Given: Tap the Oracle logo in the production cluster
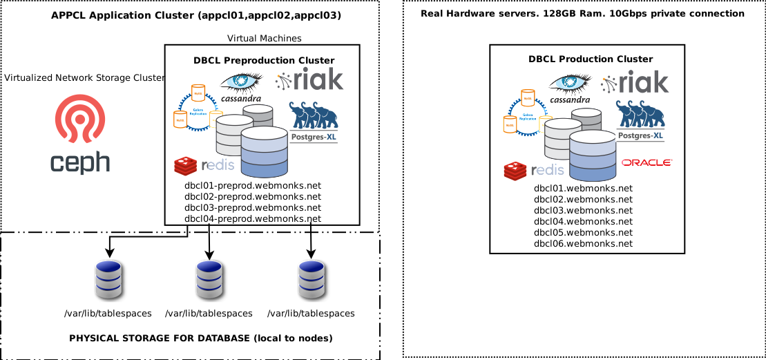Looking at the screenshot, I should tap(647, 162).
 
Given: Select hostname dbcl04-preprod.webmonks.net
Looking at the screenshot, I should tap(253, 219).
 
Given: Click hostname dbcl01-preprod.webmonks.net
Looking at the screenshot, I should tap(253, 186).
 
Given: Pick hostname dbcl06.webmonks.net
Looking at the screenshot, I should tap(583, 243).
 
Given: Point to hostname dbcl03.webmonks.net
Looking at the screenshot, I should tap(583, 210).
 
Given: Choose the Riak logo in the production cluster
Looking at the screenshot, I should tap(635, 83).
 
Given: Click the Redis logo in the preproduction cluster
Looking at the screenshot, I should tap(204, 166).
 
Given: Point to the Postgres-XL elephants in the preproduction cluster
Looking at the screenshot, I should tap(314, 116).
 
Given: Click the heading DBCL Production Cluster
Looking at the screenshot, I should tap(591, 59).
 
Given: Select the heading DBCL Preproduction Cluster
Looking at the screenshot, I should tap(264, 61).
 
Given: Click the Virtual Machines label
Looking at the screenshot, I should tap(264, 39).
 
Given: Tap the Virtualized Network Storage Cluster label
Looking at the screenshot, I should tap(84, 78).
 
